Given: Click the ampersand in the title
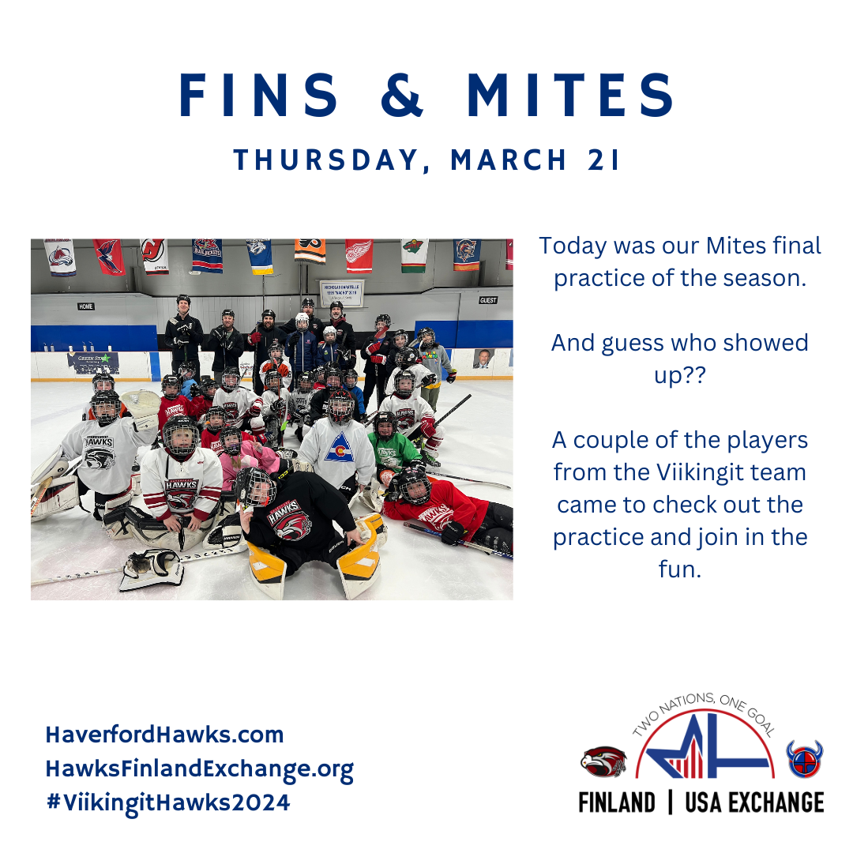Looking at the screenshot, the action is [402, 95].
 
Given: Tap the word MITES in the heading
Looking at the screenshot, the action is [571, 95].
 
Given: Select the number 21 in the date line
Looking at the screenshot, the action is [603, 160].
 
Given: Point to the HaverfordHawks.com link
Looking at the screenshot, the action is [165, 735].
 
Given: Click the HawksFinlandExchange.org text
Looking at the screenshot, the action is [200, 769].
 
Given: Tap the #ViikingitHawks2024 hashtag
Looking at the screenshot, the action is [169, 802].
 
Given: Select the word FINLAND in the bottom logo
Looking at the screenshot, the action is [617, 803].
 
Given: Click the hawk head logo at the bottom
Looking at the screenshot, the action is [603, 761].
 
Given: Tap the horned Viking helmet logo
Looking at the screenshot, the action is [805, 759].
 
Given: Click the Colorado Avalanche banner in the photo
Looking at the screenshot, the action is [60, 257].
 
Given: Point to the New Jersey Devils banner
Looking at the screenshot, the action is [155, 256].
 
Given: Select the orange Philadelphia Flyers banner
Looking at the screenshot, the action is [310, 251].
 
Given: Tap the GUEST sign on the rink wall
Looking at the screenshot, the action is [488, 300].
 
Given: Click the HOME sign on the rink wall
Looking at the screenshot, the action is [86, 306].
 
